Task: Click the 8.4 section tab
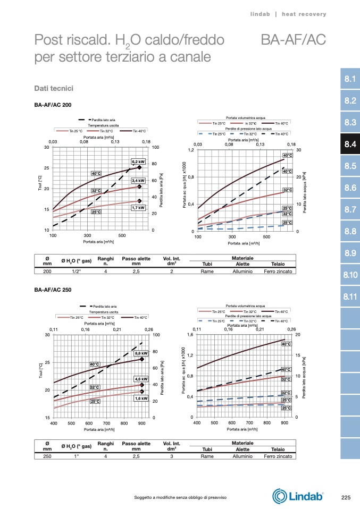pos(349,144)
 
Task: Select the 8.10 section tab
pos(349,275)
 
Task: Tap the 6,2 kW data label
pos(138,162)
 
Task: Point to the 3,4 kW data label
pos(138,181)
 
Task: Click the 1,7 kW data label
pos(138,208)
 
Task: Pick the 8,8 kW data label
pos(141,353)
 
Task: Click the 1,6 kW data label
pos(141,398)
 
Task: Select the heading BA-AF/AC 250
pos(53,290)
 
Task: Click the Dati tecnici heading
pos(53,87)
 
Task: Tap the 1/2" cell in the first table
pos(77,271)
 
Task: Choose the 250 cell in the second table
pos(47,456)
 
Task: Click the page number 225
pos(346,497)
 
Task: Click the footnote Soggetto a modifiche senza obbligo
pos(181,497)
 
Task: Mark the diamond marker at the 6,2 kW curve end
pos(139,167)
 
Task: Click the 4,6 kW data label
pos(141,379)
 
